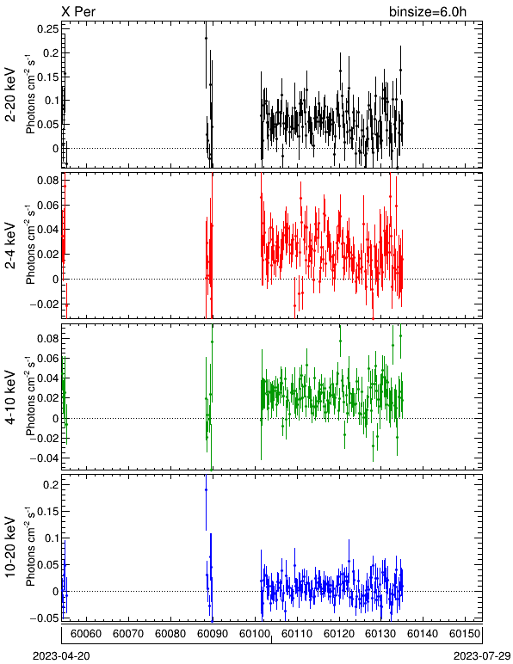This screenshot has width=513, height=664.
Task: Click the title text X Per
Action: [78, 11]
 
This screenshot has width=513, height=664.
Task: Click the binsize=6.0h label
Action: [428, 11]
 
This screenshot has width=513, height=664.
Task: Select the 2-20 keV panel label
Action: [10, 95]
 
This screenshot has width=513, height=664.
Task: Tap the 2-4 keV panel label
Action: [10, 246]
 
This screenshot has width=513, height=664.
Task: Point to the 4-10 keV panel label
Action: [10, 397]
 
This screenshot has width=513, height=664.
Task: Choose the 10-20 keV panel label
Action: [10, 547]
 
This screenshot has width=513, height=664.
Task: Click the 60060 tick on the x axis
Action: [86, 634]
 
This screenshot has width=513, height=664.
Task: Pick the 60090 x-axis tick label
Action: [213, 634]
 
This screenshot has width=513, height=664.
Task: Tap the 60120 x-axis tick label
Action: [339, 634]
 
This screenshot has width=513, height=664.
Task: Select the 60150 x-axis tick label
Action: [465, 634]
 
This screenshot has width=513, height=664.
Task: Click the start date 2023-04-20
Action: [61, 656]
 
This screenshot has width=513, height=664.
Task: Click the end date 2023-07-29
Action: [482, 656]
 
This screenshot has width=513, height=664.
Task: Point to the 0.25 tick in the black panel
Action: [47, 29]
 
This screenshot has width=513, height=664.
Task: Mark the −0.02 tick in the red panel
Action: [44, 304]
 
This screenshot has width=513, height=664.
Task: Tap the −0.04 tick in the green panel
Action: [44, 458]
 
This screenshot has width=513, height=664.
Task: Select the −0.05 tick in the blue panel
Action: [44, 618]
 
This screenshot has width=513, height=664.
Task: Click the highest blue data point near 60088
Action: [206, 490]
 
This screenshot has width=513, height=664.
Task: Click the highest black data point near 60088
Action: [206, 38]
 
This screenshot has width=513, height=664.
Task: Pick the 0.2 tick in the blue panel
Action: [51, 484]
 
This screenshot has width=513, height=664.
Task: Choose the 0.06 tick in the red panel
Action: [47, 205]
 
